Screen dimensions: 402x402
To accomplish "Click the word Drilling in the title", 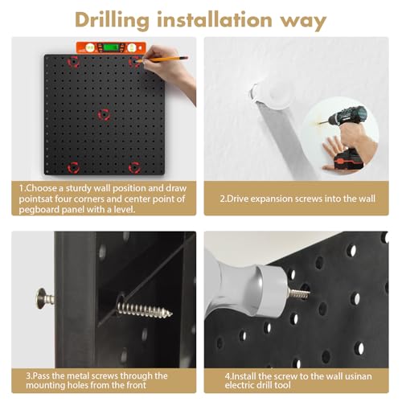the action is point(112,20).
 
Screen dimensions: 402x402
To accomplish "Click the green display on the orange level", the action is point(111,47).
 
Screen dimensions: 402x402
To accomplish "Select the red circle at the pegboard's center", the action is point(104,115).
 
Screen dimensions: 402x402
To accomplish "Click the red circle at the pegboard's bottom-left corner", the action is point(73,167).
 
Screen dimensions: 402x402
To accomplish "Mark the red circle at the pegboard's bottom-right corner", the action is point(134,167).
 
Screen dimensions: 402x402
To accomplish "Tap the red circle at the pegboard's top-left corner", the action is point(73,62).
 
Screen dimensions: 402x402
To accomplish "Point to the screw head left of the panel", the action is point(42,298).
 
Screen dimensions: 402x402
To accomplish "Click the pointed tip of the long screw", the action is point(171,314).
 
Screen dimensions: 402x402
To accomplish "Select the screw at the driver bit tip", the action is point(299,293).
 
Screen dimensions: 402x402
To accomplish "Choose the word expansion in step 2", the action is point(273,199).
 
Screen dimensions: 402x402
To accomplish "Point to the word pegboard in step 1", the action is point(39,210).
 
